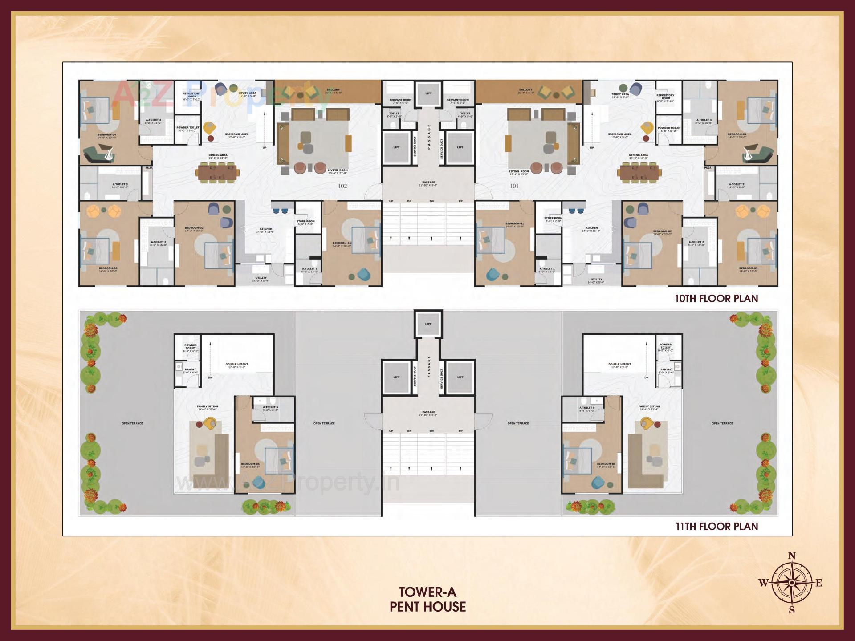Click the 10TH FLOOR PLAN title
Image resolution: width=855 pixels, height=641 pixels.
click(x=716, y=298)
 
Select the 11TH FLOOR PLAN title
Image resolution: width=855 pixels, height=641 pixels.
click(x=717, y=526)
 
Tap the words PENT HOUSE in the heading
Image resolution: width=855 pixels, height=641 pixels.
click(x=427, y=607)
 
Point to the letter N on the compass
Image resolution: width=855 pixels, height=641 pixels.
click(x=792, y=556)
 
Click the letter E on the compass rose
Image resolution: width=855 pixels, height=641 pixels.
click(x=819, y=583)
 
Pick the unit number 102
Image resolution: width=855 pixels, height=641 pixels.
click(x=342, y=186)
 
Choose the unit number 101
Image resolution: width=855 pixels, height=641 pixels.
click(x=514, y=186)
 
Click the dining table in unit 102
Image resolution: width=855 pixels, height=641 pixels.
click(x=218, y=171)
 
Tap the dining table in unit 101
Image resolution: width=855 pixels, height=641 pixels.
click(x=639, y=171)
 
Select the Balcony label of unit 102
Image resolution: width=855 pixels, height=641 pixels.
click(x=333, y=91)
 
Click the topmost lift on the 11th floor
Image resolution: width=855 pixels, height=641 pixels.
click(x=428, y=324)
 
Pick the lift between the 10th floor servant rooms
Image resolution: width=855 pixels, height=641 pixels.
click(x=428, y=93)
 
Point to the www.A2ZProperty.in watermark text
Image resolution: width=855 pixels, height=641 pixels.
click(x=289, y=483)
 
